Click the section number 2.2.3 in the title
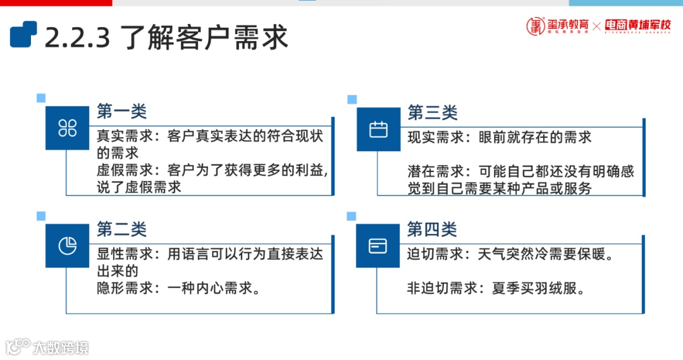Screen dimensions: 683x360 click(77, 37)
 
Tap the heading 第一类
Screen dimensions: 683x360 click(121, 112)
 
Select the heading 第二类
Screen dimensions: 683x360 click(121, 228)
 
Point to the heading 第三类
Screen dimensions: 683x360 click(433, 113)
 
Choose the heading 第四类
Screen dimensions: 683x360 click(432, 228)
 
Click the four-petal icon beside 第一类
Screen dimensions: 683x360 click(68, 128)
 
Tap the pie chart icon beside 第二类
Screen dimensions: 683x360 click(68, 245)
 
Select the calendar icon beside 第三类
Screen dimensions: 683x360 click(378, 130)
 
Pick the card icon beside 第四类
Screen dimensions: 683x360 click(378, 245)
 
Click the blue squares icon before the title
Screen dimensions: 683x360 click(23, 34)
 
